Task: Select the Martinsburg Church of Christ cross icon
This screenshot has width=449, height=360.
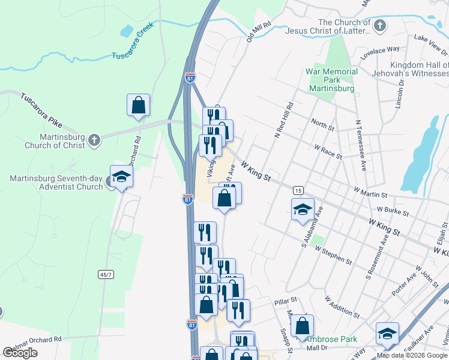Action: click(x=94, y=140)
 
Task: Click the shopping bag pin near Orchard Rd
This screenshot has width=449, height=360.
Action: click(x=139, y=105)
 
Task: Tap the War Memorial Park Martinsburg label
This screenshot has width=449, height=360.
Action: click(x=331, y=80)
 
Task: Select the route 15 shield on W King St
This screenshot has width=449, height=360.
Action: click(x=298, y=190)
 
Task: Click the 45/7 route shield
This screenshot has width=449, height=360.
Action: click(x=106, y=275)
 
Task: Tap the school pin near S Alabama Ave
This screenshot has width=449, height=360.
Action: click(x=303, y=209)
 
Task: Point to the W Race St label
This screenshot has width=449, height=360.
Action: click(x=328, y=152)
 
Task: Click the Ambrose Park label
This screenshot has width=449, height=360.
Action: click(x=331, y=339)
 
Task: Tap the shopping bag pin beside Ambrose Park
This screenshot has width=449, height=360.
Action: click(x=303, y=326)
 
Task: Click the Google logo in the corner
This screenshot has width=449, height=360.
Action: click(x=20, y=353)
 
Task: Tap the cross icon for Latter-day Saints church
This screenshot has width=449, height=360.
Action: click(x=379, y=26)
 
